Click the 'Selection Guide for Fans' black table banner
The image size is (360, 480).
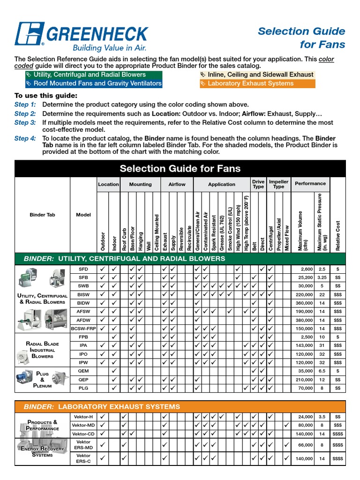click(180, 168)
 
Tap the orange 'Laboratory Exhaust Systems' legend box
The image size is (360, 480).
click(257, 83)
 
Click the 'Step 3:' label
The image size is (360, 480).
click(25, 122)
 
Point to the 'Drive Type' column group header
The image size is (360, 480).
click(258, 184)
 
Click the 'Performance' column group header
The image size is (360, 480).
click(310, 184)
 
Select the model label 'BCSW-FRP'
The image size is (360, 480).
click(83, 328)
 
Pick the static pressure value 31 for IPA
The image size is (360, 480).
click(322, 345)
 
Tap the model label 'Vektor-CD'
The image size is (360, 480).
click(83, 434)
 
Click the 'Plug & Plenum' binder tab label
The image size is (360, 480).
click(42, 380)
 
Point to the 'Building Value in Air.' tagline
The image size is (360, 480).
click(109, 48)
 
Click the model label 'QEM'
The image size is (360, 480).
click(83, 371)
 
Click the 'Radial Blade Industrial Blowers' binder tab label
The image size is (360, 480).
click(42, 350)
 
